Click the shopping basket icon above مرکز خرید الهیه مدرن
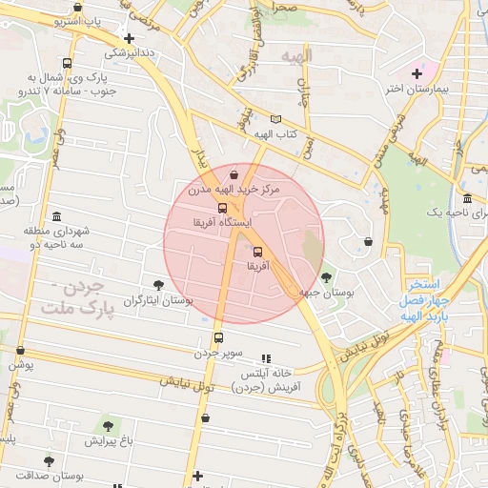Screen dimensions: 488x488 tap(234, 174)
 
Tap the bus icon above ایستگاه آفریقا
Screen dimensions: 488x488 tap(222, 207)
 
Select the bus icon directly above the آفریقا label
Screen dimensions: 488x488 tap(258, 253)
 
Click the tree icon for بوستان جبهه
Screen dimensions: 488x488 tap(327, 277)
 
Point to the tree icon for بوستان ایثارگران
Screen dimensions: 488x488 tap(158, 284)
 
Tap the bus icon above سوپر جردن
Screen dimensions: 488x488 tap(218, 337)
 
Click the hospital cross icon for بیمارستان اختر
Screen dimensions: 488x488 tap(417, 73)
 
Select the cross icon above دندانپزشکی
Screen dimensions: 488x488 tap(129, 38)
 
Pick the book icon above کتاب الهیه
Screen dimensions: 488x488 tap(276, 119)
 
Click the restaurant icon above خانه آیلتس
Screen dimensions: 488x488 tap(266, 358)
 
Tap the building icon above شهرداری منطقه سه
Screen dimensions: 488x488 tap(57, 216)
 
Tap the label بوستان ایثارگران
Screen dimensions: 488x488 tap(157, 300)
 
